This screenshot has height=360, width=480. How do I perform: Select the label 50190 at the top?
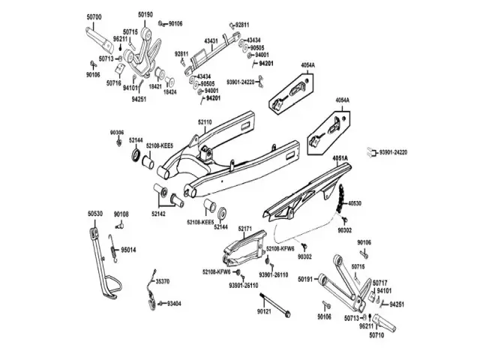pyautogui.click(x=145, y=14)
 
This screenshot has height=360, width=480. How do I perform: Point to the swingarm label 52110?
pyautogui.click(x=205, y=121)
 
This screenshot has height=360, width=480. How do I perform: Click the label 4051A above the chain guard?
pyautogui.click(x=340, y=158)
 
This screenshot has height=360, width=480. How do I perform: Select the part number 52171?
pyautogui.click(x=247, y=227)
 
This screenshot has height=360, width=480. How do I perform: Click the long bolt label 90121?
pyautogui.click(x=263, y=310)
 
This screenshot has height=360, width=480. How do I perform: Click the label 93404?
pyautogui.click(x=174, y=304)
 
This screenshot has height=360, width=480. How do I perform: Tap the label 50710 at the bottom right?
pyautogui.click(x=376, y=336)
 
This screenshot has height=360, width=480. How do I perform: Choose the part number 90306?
pyautogui.click(x=117, y=132)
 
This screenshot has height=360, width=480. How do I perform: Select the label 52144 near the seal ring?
pyautogui.click(x=136, y=139)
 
